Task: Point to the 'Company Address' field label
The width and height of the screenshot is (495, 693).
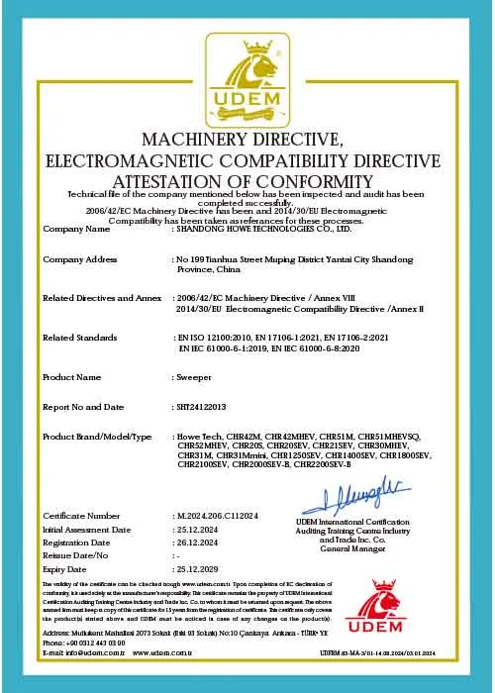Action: (x=80, y=258)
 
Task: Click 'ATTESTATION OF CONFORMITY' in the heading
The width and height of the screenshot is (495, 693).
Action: (x=247, y=182)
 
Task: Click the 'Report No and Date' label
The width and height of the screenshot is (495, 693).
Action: (x=84, y=407)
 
